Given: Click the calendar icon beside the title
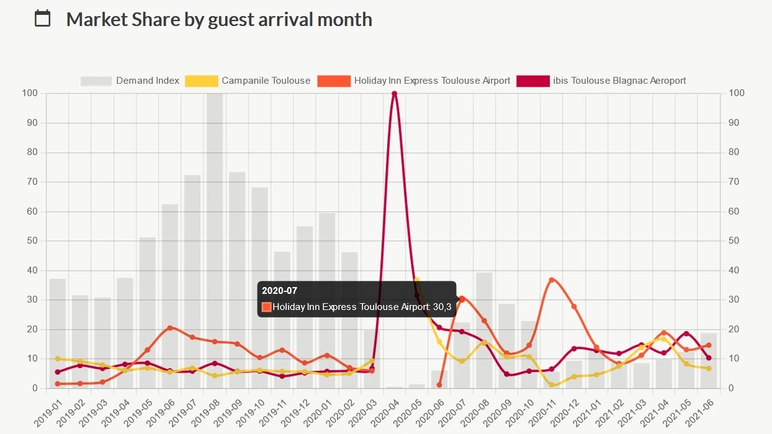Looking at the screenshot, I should [42, 19].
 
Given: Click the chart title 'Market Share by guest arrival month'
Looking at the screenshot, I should [219, 19].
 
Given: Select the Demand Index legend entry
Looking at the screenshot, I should [130, 81].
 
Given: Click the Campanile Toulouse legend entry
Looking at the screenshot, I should [248, 81].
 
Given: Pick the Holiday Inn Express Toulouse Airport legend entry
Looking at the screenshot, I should [414, 81].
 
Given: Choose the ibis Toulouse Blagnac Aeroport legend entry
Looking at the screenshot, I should [602, 81].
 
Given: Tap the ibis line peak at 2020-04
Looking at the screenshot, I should [394, 94].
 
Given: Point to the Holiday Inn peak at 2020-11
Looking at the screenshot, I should [552, 280].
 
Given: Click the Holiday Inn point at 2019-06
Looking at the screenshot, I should [170, 328].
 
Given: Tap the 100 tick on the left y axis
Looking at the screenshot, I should [30, 93].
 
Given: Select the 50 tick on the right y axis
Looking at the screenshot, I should [734, 241].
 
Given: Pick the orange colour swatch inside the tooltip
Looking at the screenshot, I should [267, 307].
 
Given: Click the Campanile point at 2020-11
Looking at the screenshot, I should [552, 385].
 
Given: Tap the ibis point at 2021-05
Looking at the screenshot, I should [686, 334].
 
